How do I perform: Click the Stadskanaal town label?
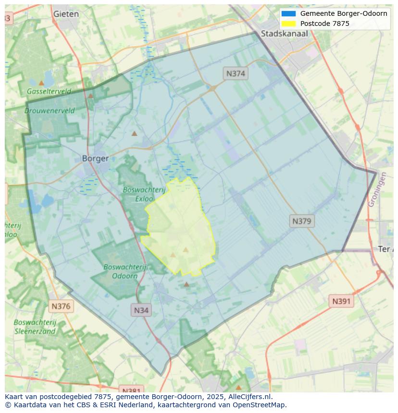(284, 34)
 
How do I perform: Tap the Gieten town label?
(66, 14)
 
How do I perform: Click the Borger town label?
(95, 158)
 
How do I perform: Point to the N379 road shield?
(302, 221)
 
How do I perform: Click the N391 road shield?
(342, 301)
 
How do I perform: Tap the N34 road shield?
(141, 310)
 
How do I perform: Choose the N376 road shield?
(61, 306)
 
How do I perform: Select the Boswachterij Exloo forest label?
(144, 194)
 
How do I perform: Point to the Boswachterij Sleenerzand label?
(35, 327)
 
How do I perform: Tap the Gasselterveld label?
(49, 91)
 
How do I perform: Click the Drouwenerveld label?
(50, 110)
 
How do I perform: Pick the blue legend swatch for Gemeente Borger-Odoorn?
(288, 13)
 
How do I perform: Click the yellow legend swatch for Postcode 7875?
(288, 24)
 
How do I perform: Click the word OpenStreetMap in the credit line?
(257, 405)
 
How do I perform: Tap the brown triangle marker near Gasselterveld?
(42, 83)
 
